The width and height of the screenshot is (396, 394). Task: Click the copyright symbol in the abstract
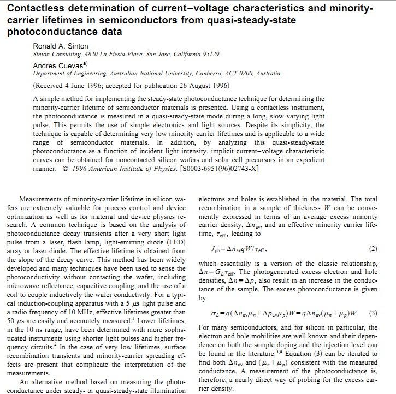(66, 169)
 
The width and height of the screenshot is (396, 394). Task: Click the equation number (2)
(373, 249)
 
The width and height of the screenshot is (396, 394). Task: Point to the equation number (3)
(373, 313)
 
